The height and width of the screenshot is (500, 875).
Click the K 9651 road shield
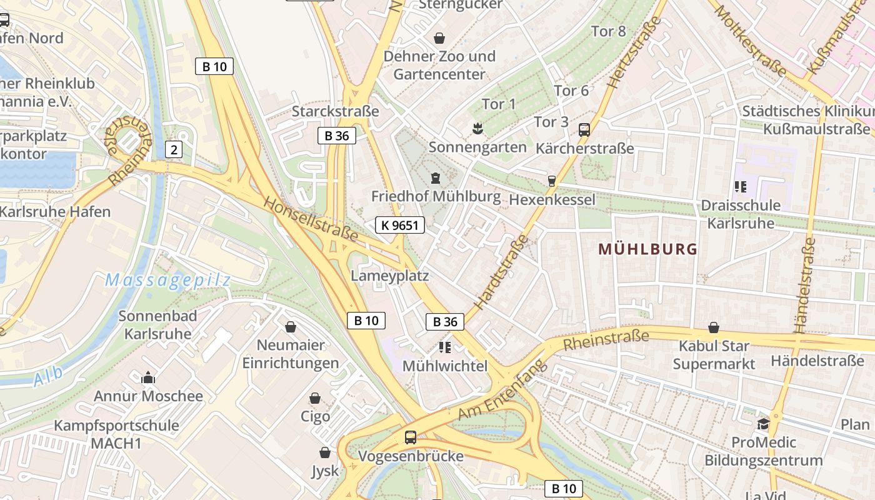400,225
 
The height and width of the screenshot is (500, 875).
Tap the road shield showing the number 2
174,149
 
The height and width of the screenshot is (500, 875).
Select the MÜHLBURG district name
647,249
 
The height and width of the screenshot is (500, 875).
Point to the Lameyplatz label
390,276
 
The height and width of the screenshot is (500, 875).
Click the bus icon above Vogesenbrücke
411,437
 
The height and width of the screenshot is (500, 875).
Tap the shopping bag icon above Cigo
315,398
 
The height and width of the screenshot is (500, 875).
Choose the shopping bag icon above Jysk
325,452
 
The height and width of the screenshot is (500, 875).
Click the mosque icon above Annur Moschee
148,377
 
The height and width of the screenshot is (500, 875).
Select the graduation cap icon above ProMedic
763,424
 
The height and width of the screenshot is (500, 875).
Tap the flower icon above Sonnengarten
477,129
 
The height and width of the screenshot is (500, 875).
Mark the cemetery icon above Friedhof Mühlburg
436,177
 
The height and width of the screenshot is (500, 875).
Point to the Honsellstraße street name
310,219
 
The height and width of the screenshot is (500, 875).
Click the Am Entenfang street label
502,392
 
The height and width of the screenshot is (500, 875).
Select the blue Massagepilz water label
168,281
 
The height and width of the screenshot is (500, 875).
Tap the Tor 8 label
608,31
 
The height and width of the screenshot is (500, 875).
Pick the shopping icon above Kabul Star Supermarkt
714,327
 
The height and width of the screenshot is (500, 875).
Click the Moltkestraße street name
750,41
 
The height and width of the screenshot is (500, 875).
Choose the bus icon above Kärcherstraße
584,130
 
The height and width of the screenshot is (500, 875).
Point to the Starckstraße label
336,111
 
